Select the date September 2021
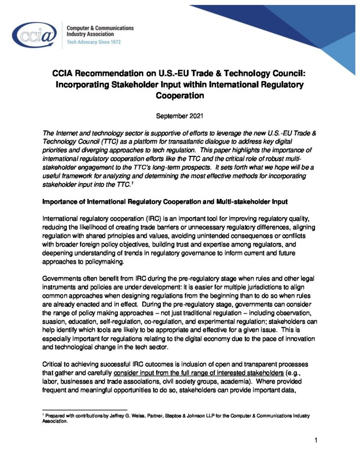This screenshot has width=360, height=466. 179,116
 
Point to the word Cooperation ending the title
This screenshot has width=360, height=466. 179,96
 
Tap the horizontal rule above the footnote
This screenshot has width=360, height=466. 84,410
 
